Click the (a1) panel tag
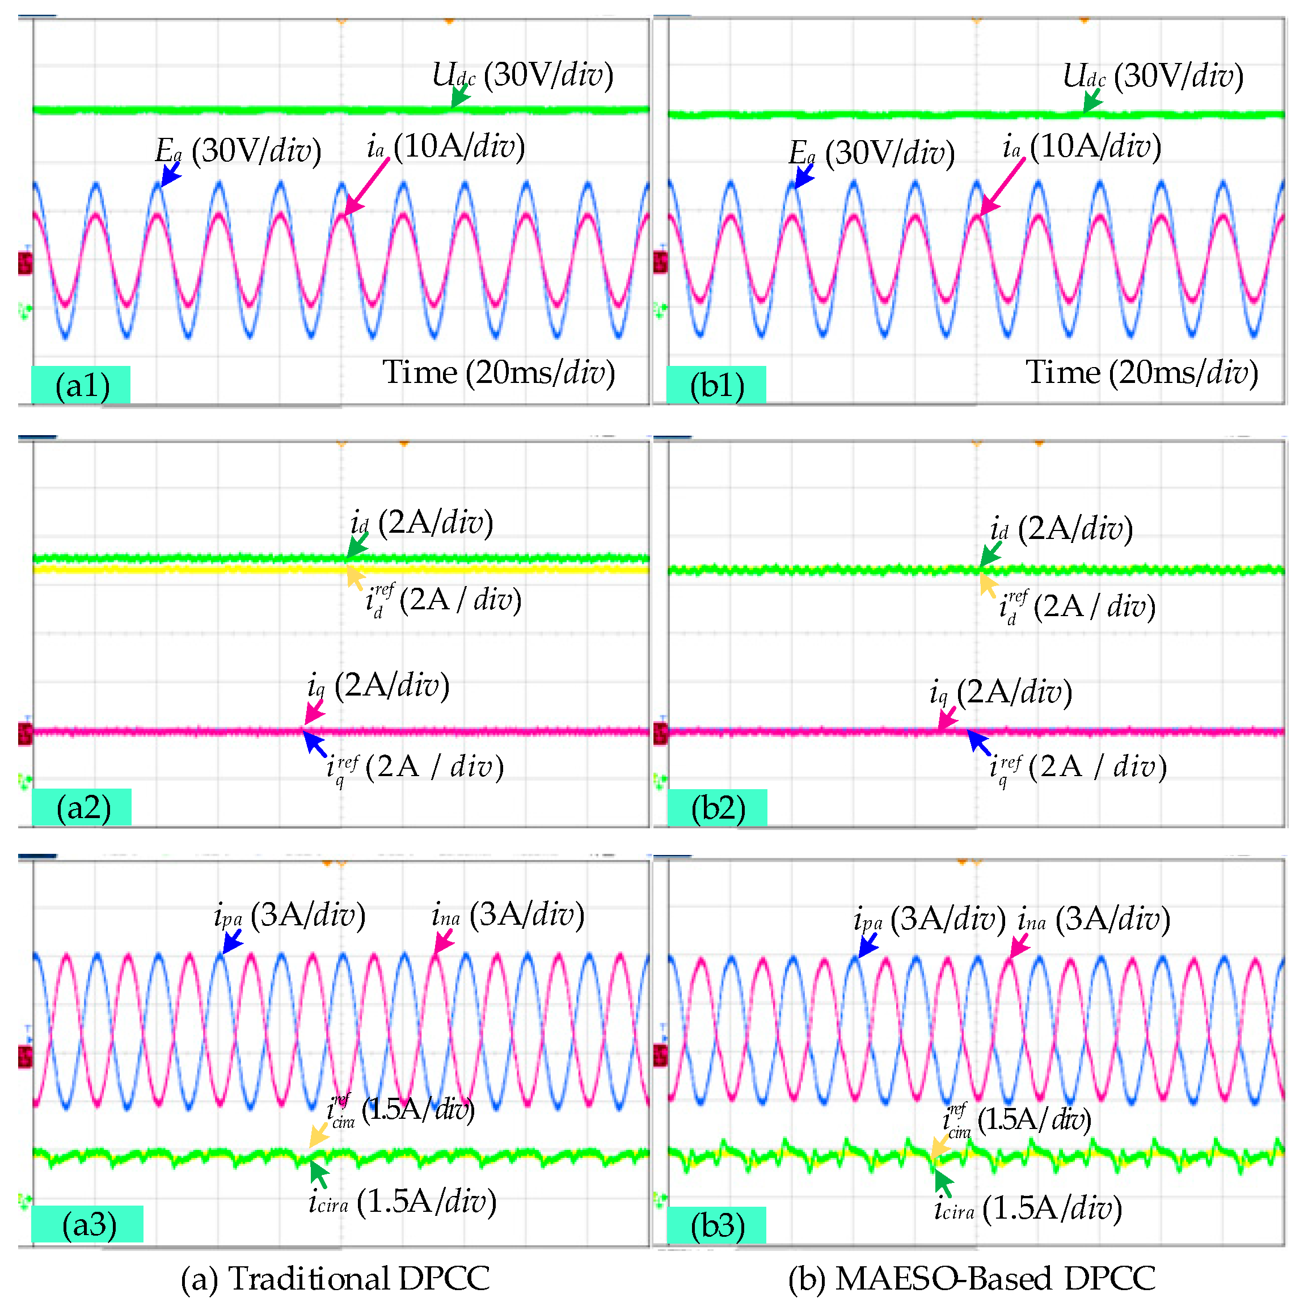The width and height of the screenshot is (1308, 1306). pos(81,385)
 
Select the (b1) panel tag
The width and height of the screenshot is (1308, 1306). pos(716,385)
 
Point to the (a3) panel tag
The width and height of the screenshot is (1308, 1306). pos(88,1224)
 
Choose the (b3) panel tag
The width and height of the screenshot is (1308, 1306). pos(717,1225)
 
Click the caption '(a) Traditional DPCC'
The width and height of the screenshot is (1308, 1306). pos(335,1278)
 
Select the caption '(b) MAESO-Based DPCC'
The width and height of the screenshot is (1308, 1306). pos(972,1278)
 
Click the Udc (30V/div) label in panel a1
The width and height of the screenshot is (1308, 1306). pos(522,74)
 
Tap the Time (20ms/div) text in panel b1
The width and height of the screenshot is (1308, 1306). pos(1141,372)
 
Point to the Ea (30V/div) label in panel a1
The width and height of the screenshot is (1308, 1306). pos(238,150)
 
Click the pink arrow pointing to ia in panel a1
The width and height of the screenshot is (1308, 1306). pos(367,186)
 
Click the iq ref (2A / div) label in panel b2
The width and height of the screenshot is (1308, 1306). pos(1078,767)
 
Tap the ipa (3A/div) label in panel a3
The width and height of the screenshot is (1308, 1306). pos(290,915)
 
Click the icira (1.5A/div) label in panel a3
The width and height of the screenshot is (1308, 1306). pos(402,1201)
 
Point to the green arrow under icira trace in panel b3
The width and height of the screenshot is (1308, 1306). pos(943,1183)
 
